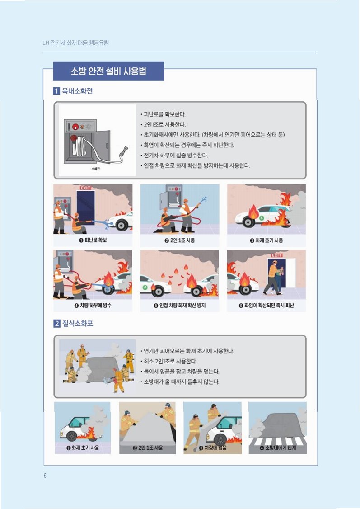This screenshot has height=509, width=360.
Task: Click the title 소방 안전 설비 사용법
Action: (x=108, y=71)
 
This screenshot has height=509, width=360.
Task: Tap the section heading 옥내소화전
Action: (x=77, y=91)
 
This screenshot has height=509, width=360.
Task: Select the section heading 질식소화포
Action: (x=78, y=323)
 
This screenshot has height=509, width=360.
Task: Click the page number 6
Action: (x=45, y=476)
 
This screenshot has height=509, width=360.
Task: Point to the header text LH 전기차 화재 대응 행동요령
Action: (x=75, y=42)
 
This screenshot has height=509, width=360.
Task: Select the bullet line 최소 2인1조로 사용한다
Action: (x=170, y=361)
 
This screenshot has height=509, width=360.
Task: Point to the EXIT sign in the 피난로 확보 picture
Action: (x=86, y=188)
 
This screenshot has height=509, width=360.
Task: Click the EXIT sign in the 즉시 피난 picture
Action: (x=276, y=255)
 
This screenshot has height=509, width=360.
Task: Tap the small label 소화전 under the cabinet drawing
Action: (x=96, y=169)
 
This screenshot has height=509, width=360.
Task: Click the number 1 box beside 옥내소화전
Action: (x=56, y=91)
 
